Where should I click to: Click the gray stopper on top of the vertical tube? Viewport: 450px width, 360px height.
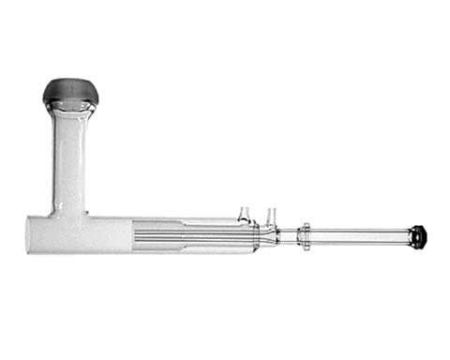[x=70, y=92]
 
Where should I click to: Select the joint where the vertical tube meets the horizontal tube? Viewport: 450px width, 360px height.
[x=69, y=216]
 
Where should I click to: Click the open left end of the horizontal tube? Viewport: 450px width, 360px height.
[x=28, y=234]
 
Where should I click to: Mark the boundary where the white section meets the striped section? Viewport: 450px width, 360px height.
[x=132, y=235]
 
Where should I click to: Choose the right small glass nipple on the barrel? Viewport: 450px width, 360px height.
[x=271, y=215]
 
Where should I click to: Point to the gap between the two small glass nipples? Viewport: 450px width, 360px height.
[x=258, y=220]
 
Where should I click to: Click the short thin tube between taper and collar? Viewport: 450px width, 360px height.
[x=288, y=236]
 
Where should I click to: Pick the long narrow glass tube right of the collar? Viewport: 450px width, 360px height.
[x=361, y=236]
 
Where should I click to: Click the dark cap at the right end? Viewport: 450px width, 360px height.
[x=418, y=236]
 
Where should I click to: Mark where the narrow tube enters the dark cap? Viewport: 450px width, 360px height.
[x=410, y=236]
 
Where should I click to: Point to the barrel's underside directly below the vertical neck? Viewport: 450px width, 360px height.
[x=69, y=252]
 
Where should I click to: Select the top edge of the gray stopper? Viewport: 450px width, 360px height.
[x=70, y=80]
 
